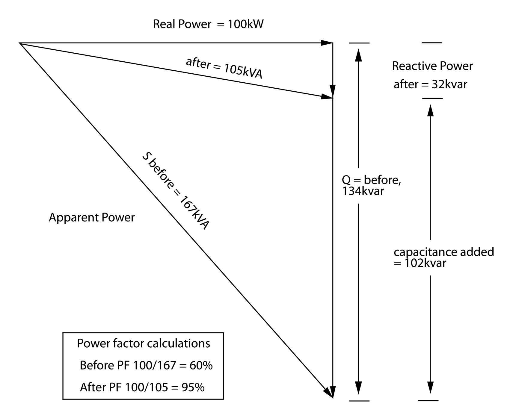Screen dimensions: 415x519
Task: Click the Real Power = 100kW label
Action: (208, 24)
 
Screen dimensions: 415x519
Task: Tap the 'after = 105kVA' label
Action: (224, 68)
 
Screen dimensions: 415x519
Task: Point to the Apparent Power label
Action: (92, 217)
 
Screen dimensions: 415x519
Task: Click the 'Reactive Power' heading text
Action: (432, 66)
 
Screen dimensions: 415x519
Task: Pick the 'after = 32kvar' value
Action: (430, 84)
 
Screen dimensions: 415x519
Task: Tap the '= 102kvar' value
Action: (420, 263)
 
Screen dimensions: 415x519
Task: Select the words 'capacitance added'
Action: (444, 252)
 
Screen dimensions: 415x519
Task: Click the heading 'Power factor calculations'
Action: (144, 343)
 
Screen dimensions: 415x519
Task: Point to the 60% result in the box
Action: (201, 365)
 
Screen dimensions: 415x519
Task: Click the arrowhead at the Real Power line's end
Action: (327, 43)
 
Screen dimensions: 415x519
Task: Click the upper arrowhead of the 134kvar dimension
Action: (358, 55)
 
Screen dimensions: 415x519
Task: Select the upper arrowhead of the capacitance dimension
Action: (430, 110)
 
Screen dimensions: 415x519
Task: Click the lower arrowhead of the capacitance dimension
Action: (430, 387)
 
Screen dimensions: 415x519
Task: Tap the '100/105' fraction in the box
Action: (146, 387)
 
